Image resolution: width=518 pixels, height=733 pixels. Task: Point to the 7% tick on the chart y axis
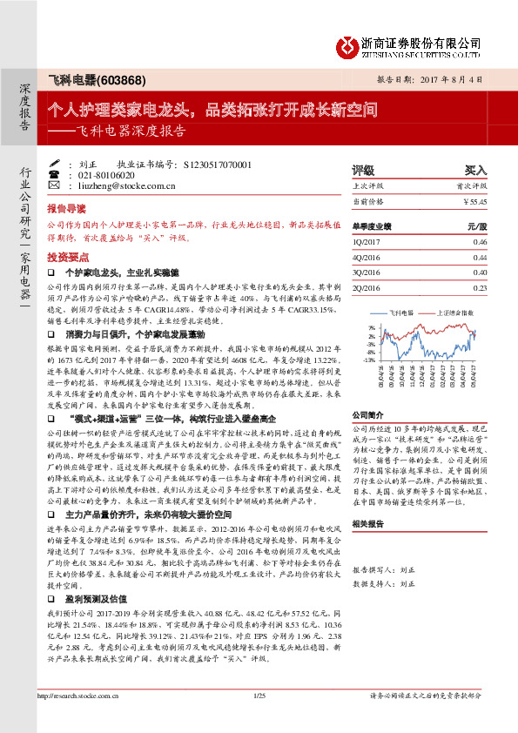[372, 327]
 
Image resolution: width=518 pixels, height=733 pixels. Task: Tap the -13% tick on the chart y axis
[370, 359]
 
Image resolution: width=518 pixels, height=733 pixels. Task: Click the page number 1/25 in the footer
[258, 720]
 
